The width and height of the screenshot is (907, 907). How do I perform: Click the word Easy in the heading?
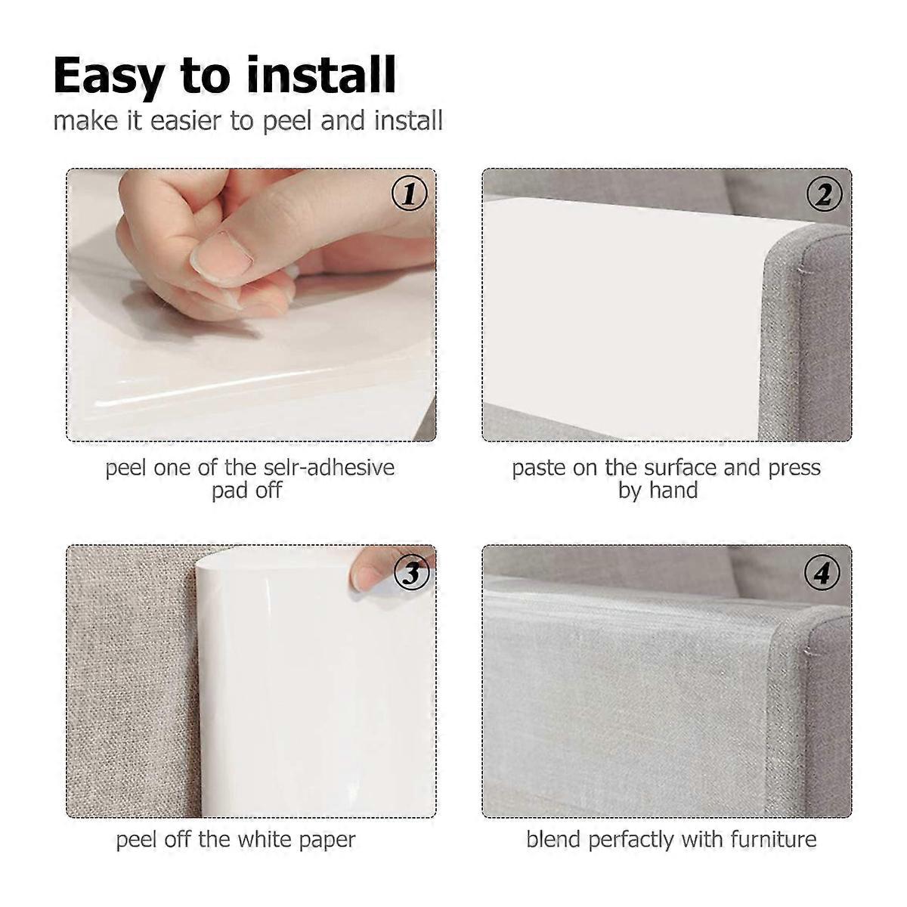coord(109,77)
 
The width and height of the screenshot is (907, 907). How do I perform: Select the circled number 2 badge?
coord(824,194)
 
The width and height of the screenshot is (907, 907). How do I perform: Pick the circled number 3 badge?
coord(412,573)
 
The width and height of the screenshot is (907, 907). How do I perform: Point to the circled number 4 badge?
coord(822,573)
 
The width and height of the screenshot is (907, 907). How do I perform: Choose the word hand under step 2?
coord(673,491)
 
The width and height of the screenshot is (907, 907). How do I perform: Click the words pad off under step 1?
coord(246,491)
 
